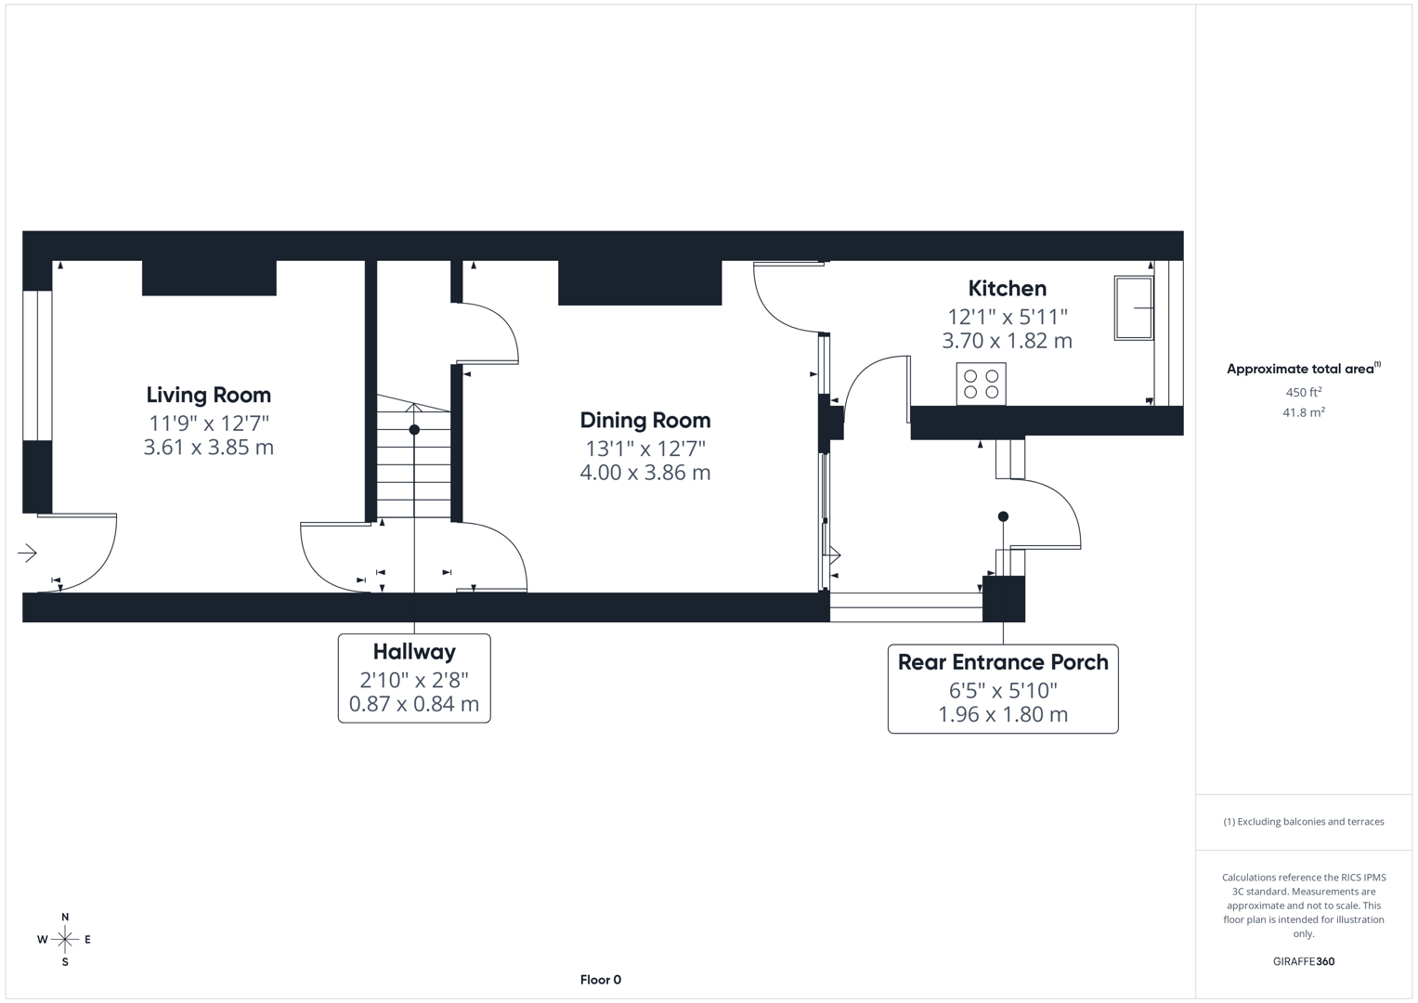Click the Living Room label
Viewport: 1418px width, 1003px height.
[x=208, y=395]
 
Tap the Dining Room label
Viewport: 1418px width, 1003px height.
[x=644, y=420]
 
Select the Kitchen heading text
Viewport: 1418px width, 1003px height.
[x=1007, y=288]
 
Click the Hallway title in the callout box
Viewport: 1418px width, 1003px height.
[x=414, y=651]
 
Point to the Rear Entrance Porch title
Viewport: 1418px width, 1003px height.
[x=1003, y=662]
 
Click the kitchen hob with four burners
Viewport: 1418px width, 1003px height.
[x=981, y=384]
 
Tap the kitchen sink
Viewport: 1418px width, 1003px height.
[x=1134, y=307]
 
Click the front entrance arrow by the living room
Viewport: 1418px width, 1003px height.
[x=27, y=554]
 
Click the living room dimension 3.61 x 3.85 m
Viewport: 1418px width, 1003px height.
[x=208, y=447]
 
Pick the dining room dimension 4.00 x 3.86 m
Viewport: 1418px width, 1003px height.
[x=644, y=473]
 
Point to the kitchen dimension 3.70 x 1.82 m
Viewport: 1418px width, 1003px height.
[x=1007, y=341]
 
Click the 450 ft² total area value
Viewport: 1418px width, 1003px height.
[x=1303, y=392]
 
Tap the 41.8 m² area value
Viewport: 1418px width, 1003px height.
[x=1303, y=412]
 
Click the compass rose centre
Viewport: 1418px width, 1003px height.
[x=65, y=940]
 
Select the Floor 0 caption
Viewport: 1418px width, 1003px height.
[x=600, y=980]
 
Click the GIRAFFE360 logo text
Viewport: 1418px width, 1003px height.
[x=1303, y=961]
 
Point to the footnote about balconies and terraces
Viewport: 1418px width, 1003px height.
[x=1303, y=822]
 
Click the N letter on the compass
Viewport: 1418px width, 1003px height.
[x=65, y=918]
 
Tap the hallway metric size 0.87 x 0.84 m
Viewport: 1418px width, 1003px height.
[x=414, y=704]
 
